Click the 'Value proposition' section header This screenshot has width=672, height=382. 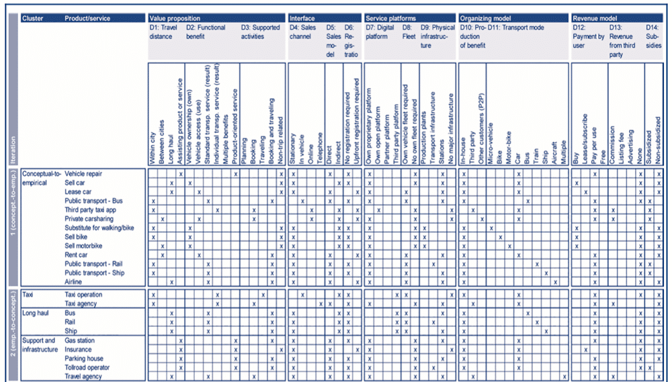tap(175, 18)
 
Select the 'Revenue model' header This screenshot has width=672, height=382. tap(595, 18)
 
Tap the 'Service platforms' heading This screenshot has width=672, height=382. tap(390, 18)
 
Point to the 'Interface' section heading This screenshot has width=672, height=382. tap(302, 18)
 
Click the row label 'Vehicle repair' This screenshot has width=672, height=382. tap(83, 174)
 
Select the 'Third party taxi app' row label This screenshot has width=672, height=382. tap(92, 210)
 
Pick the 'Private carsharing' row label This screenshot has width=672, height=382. tap(89, 219)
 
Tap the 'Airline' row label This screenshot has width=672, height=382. tap(75, 282)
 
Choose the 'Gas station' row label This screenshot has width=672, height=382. tap(79, 341)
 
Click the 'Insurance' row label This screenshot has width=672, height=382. tap(78, 350)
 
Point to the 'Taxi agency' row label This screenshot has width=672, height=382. tap(81, 304)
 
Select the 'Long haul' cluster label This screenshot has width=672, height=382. tap(36, 314)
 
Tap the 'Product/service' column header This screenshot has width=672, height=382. tap(87, 18)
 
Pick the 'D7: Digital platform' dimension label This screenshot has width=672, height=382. tap(380, 32)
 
